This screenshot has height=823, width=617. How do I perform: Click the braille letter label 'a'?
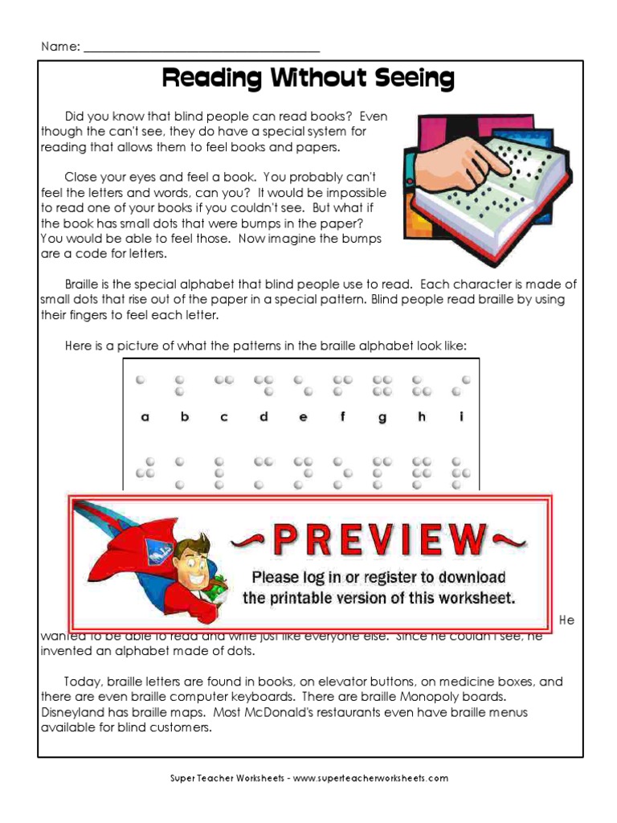click(145, 417)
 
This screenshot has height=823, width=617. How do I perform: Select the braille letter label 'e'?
click(303, 417)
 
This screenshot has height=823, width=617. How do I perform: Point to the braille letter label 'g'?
click(382, 418)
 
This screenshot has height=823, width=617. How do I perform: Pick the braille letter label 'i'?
click(461, 416)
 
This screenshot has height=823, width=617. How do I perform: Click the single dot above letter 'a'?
click(141, 379)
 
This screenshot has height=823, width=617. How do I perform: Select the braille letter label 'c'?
click(224, 417)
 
